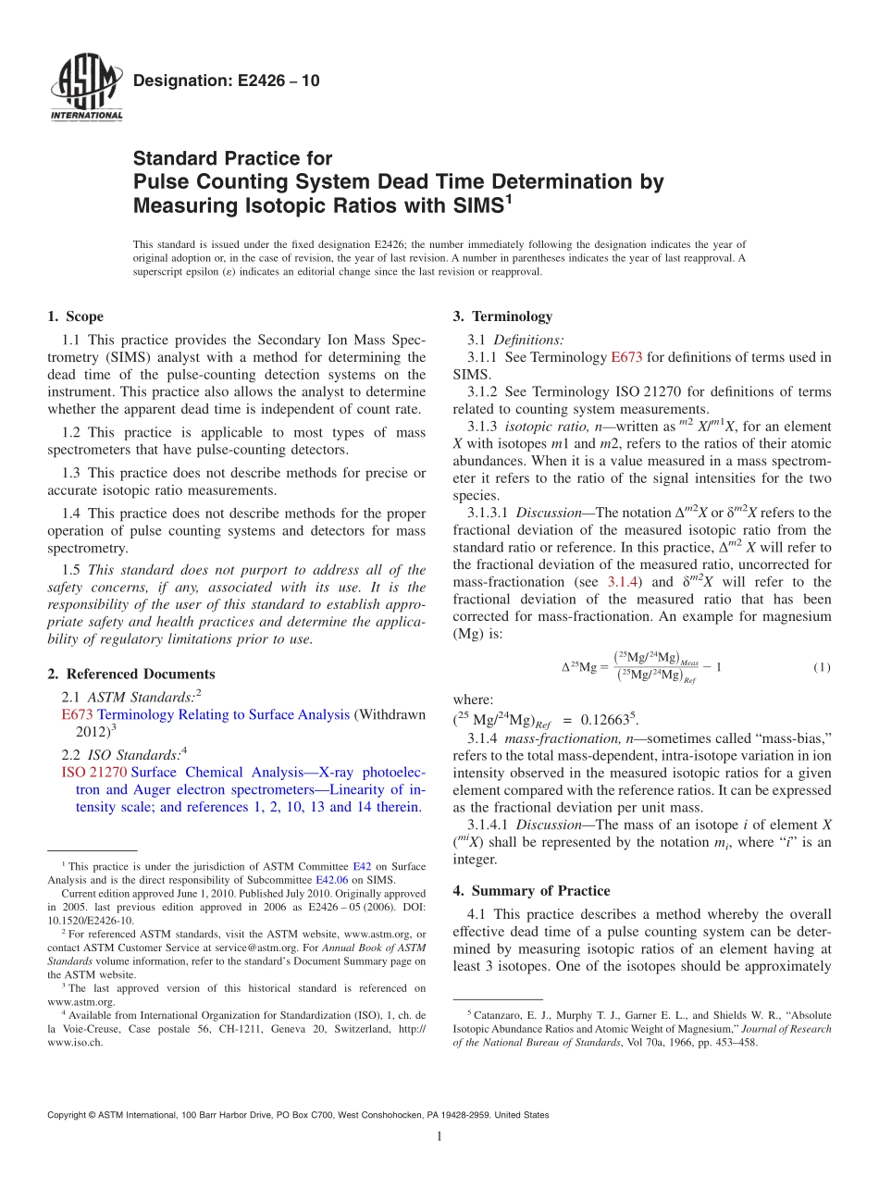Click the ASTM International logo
[x=85, y=88]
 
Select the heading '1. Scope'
[x=75, y=316]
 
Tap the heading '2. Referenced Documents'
[x=130, y=674]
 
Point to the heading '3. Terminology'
[x=502, y=316]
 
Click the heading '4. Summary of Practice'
[x=531, y=890]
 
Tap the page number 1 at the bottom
[x=439, y=1136]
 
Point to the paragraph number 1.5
[x=72, y=570]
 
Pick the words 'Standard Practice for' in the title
[x=232, y=158]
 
